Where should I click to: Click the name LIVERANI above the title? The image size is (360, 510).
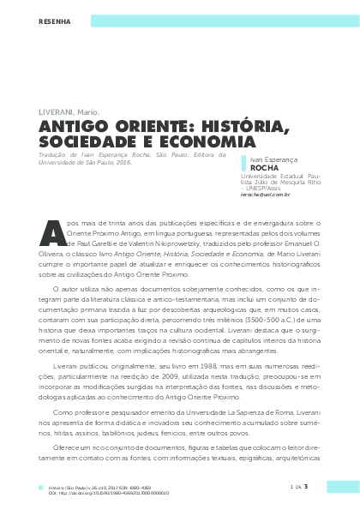(x=57, y=112)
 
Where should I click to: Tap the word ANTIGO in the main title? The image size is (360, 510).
(x=74, y=127)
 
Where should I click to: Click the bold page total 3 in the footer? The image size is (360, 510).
(x=317, y=487)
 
